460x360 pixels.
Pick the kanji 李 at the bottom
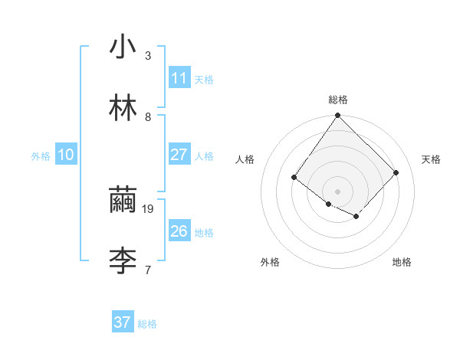123,261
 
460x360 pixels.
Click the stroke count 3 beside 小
148,55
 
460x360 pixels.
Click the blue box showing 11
179,77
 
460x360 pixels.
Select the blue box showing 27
179,155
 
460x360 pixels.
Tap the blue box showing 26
179,231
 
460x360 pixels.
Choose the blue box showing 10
66,155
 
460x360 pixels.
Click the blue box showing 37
123,322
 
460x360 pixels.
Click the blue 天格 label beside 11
204,79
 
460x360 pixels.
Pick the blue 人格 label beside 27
204,156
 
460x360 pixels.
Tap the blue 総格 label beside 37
147,324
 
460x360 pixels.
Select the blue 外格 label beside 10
41,156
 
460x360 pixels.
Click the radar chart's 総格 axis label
338,100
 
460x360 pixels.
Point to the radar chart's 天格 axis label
432,159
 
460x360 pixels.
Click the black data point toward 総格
338,116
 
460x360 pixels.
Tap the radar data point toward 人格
294,178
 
